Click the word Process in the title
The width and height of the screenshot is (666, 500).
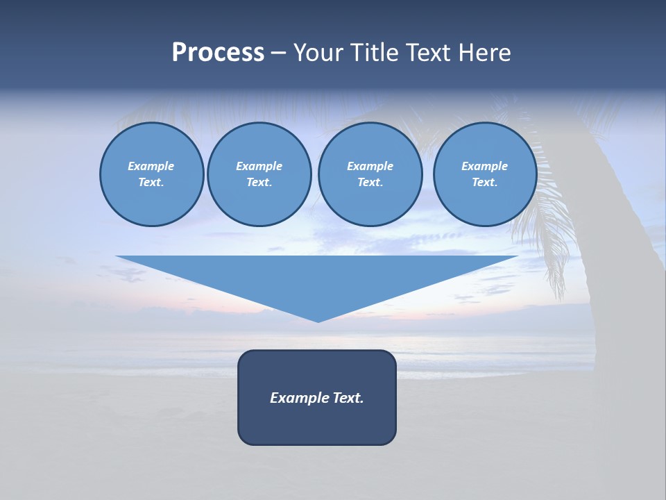click(218, 53)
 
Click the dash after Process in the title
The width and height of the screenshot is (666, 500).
click(278, 53)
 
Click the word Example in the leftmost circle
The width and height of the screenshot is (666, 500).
click(151, 166)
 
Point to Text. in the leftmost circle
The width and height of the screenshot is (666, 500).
click(151, 182)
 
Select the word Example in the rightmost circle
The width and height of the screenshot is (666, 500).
click(484, 166)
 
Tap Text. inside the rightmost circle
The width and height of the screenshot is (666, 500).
click(484, 182)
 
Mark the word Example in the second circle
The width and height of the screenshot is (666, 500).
click(259, 166)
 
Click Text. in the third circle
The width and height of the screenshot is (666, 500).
click(370, 182)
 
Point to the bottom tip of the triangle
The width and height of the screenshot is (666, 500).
click(318, 320)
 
